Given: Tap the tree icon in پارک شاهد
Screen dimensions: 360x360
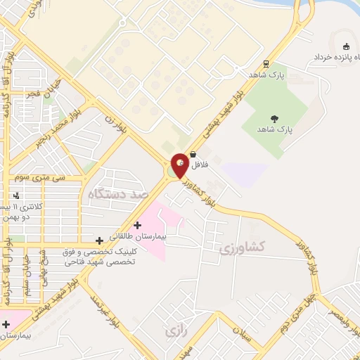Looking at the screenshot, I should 274,120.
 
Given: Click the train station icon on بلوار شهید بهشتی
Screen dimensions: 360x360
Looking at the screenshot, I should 265,63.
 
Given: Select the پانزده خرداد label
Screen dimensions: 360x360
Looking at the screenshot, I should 331,56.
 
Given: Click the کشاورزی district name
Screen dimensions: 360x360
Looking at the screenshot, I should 241,248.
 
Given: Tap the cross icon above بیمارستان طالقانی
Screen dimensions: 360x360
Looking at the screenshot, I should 137,225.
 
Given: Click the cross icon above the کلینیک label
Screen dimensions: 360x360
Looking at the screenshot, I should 99,240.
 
